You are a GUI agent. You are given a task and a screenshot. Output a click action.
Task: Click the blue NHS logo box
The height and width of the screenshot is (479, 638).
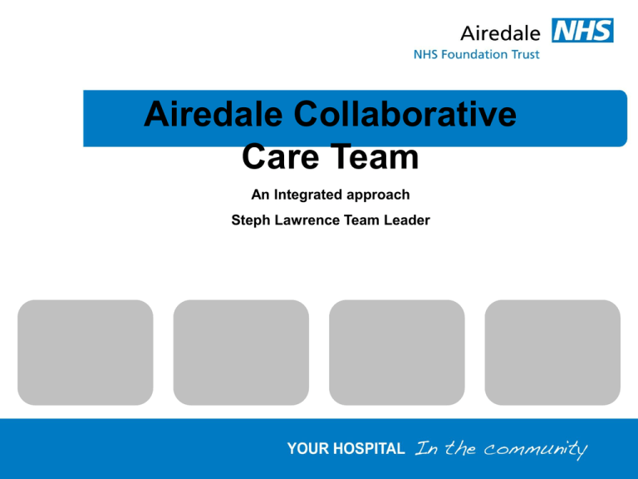pyautogui.click(x=582, y=30)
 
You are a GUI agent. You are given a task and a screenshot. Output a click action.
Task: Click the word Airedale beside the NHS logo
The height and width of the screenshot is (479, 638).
pyautogui.click(x=500, y=33)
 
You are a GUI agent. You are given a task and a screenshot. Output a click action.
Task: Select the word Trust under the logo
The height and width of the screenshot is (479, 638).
pyautogui.click(x=525, y=54)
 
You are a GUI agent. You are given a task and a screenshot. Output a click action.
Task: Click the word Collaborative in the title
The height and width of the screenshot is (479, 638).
pyautogui.click(x=405, y=114)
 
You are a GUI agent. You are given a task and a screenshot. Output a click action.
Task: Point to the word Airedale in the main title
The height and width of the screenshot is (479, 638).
pyautogui.click(x=213, y=114)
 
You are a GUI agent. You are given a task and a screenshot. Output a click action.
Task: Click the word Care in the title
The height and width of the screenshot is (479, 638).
pyautogui.click(x=280, y=156)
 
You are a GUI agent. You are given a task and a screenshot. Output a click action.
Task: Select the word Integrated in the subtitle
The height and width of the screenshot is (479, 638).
pyautogui.click(x=308, y=195)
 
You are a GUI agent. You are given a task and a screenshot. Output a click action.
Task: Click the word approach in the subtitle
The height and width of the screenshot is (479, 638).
pyautogui.click(x=378, y=195)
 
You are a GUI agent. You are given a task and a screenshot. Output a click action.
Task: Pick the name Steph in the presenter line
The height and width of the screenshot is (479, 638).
pyautogui.click(x=251, y=220)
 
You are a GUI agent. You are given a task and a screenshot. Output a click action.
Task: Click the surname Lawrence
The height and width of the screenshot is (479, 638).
pyautogui.click(x=307, y=220)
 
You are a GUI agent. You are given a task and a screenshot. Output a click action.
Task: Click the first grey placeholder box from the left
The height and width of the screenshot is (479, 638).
pyautogui.click(x=86, y=353)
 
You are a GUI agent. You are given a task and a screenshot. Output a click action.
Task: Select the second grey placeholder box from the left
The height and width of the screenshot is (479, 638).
pyautogui.click(x=241, y=353)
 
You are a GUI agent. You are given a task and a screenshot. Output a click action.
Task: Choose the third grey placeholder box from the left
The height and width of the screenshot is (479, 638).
pyautogui.click(x=397, y=353)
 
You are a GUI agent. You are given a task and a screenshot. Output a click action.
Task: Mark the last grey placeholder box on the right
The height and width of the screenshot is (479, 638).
pyautogui.click(x=552, y=353)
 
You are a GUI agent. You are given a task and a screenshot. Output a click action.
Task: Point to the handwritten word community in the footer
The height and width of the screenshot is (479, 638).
pyautogui.click(x=536, y=449)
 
